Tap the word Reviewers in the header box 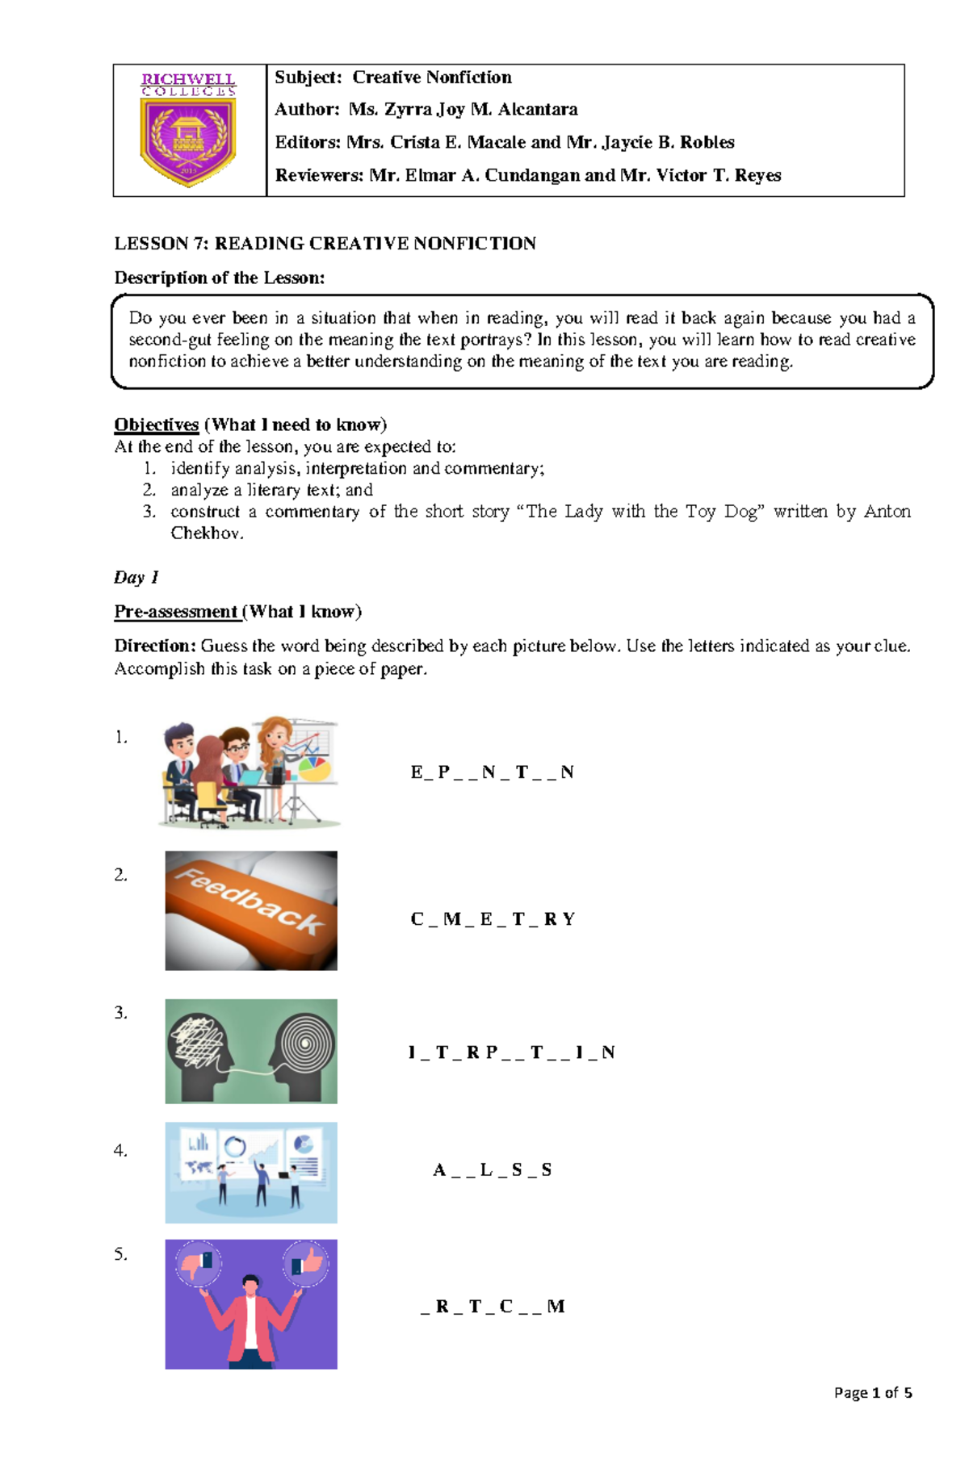[318, 175]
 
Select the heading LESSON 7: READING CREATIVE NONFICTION [325, 244]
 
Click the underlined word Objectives [156, 425]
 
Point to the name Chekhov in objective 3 [206, 533]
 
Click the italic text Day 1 [136, 577]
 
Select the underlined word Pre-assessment [175, 612]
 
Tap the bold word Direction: [155, 646]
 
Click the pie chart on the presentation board [316, 767]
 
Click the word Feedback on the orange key [250, 902]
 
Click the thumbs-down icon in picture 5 [198, 1264]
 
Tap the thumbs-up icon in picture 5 [305, 1264]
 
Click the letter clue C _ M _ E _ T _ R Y [493, 919]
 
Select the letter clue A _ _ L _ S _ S [492, 1170]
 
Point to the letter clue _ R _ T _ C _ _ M [493, 1307]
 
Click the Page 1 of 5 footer [872, 1392]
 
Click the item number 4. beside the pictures [121, 1150]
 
